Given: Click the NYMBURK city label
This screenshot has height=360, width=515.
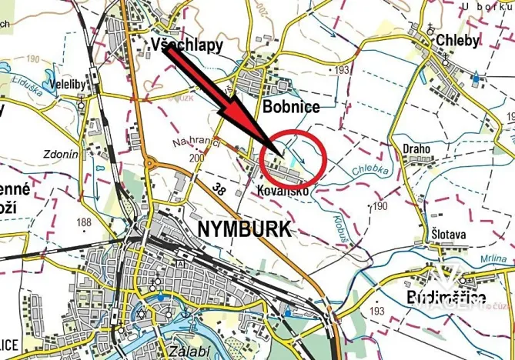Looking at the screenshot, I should (244, 229).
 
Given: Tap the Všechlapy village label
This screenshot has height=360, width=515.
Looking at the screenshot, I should (187, 45).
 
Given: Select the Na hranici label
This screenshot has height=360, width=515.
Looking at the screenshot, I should (196, 142).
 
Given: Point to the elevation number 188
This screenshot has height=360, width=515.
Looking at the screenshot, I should (85, 223).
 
